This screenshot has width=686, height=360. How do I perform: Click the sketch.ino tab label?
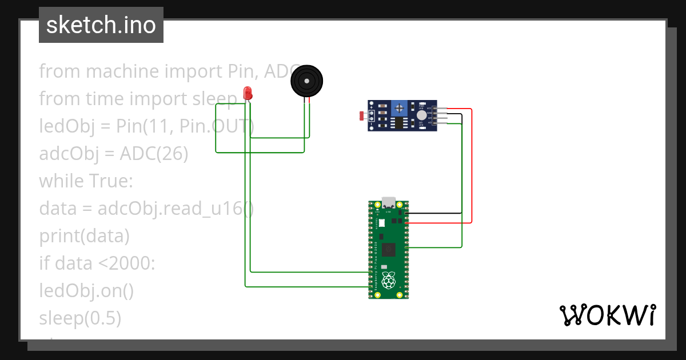click(101, 26)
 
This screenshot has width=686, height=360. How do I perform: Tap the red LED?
click(248, 93)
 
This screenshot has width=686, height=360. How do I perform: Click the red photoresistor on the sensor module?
click(361, 116)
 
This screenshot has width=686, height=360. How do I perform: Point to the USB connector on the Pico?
click(389, 202)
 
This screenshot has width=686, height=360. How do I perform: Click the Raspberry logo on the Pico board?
click(389, 280)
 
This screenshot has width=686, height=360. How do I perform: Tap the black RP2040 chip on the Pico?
click(389, 249)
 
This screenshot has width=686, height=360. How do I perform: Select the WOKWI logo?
click(607, 315)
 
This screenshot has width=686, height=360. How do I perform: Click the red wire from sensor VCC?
click(472, 166)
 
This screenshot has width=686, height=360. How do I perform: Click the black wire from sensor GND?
click(461, 166)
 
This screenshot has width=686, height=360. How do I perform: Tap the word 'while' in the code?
click(62, 181)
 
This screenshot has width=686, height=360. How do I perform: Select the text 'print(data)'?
click(84, 235)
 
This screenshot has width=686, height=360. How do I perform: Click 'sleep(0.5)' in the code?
click(80, 318)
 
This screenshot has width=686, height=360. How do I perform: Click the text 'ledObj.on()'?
click(86, 291)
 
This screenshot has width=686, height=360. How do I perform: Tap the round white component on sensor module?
click(422, 115)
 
